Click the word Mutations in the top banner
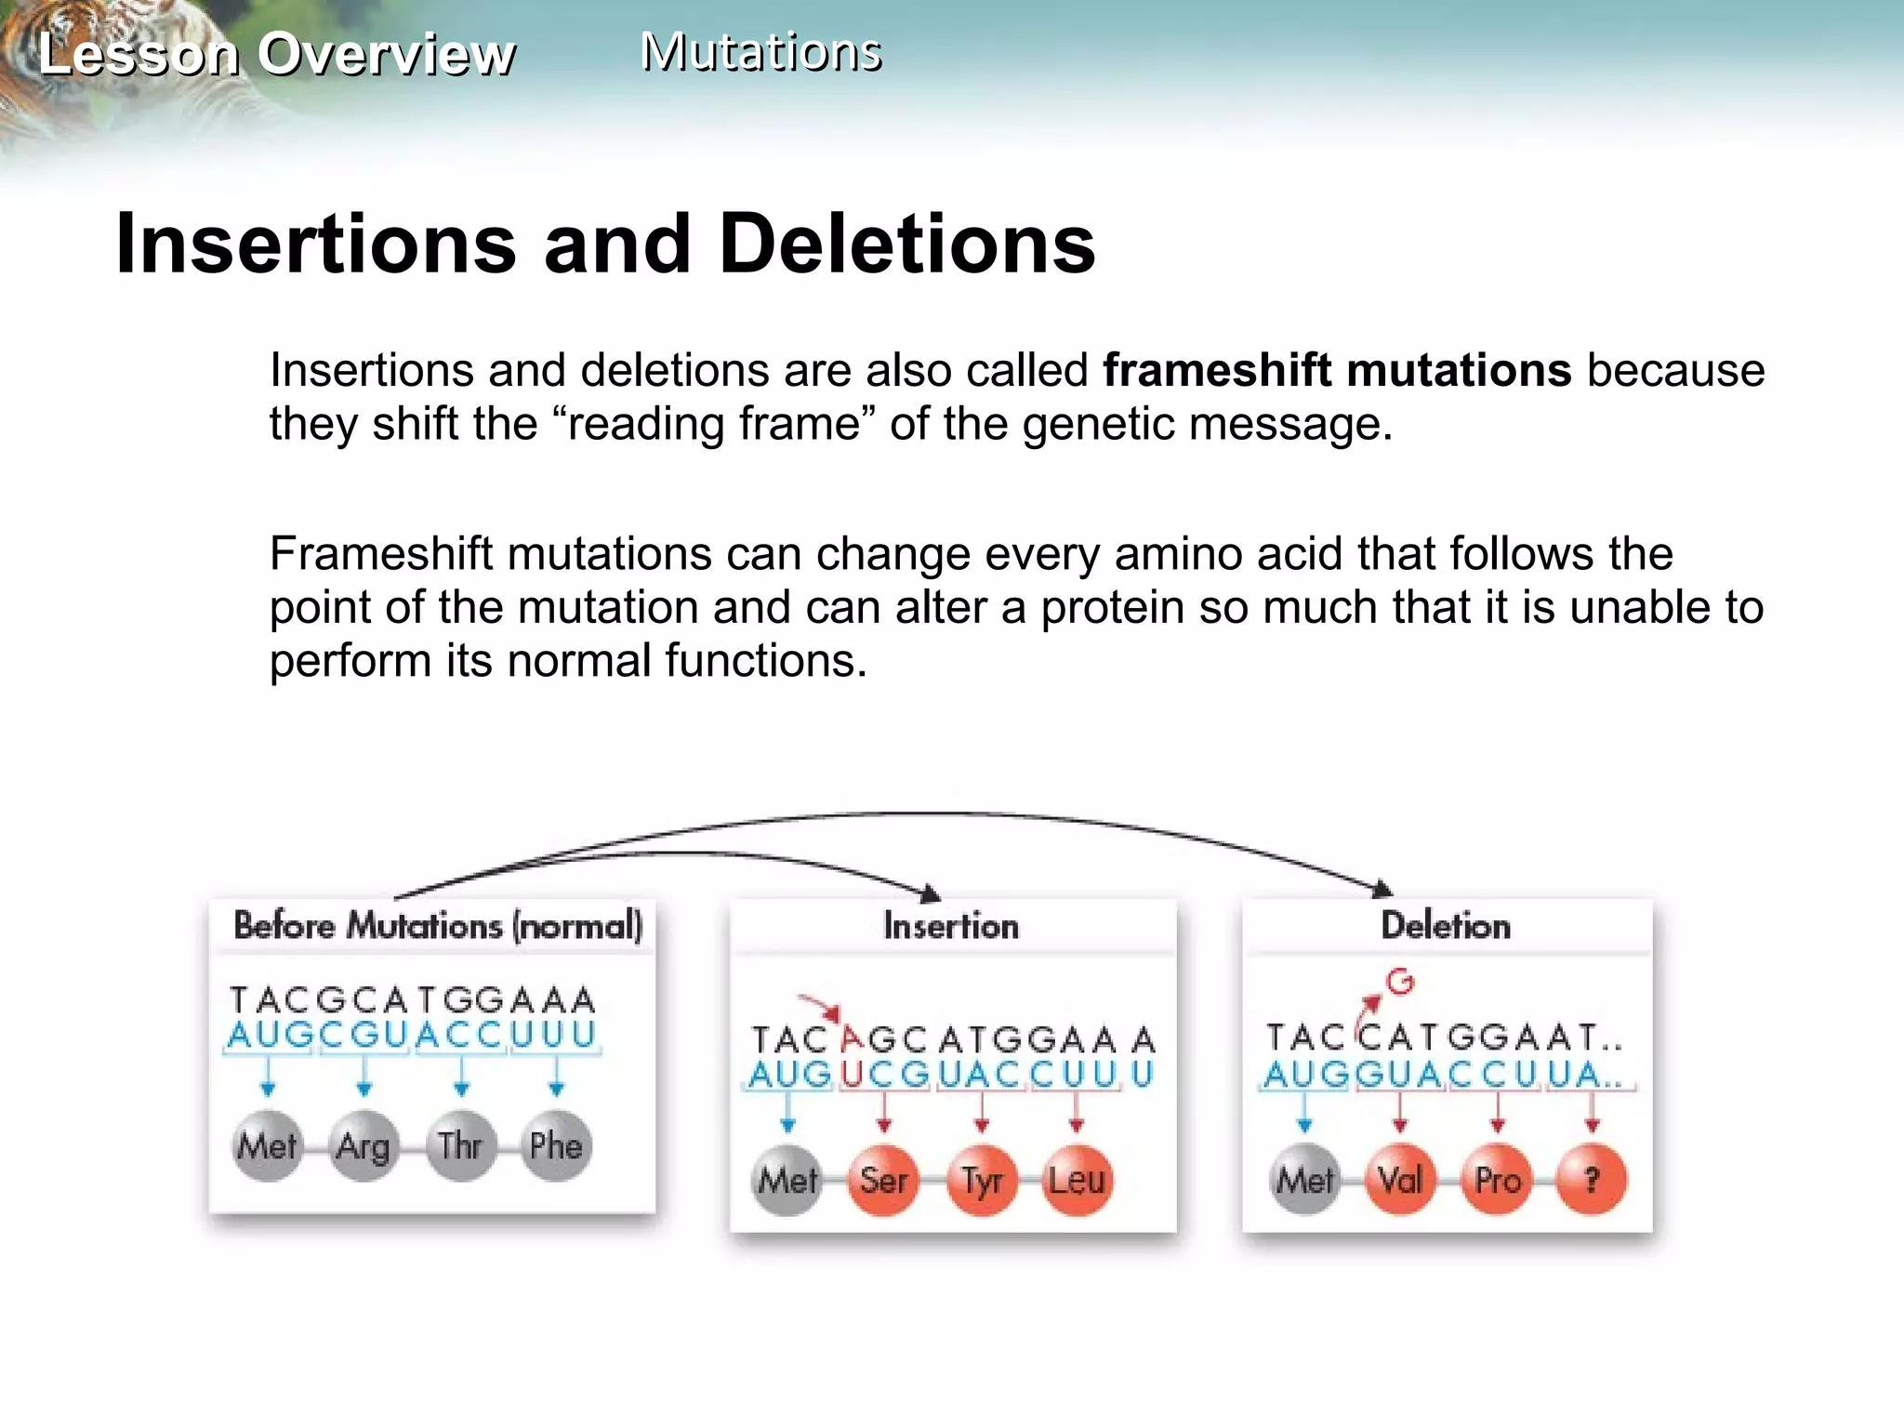pyautogui.click(x=760, y=52)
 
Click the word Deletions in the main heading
pyautogui.click(x=906, y=244)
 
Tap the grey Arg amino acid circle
pyautogui.click(x=364, y=1145)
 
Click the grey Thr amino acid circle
pyautogui.click(x=460, y=1145)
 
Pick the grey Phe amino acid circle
pyautogui.click(x=556, y=1145)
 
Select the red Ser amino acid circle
pyautogui.click(x=883, y=1181)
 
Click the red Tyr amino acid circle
pyautogui.click(x=981, y=1181)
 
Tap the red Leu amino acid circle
pyautogui.click(x=1078, y=1181)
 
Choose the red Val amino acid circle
pyautogui.click(x=1400, y=1181)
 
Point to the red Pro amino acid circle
pyautogui.click(x=1497, y=1181)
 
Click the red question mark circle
pyautogui.click(x=1592, y=1181)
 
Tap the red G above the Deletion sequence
pyautogui.click(x=1400, y=982)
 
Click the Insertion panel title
pyautogui.click(x=951, y=926)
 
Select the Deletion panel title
pyautogui.click(x=1446, y=926)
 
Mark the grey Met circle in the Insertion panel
pyautogui.click(x=787, y=1181)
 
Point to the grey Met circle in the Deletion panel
pyautogui.click(x=1304, y=1181)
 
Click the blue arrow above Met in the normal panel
pyautogui.click(x=268, y=1078)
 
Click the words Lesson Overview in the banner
pyautogui.click(x=276, y=54)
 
